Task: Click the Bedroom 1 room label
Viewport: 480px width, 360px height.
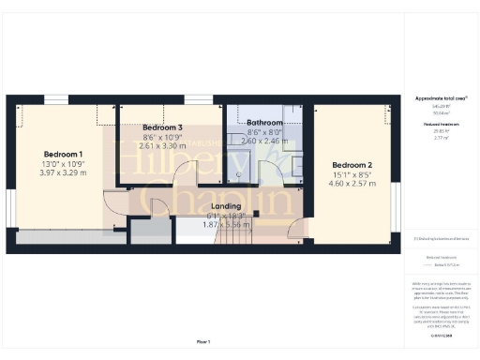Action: tap(63, 154)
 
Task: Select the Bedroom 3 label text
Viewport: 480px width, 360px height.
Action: tap(162, 127)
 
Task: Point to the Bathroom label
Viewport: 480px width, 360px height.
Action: tap(264, 123)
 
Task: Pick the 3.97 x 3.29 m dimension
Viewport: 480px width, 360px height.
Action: tap(63, 172)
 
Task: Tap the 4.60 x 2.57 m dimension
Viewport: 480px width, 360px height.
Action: tap(352, 184)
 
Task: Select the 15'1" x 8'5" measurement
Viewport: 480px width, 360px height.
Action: tap(352, 174)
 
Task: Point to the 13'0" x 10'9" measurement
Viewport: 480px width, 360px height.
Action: tap(63, 163)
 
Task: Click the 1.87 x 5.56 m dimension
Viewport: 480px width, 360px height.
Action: tap(225, 225)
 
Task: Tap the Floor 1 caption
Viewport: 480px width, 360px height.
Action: tap(203, 342)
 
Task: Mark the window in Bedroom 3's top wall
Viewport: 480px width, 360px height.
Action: tap(197, 99)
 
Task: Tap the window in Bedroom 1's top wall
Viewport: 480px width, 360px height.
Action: tap(56, 99)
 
